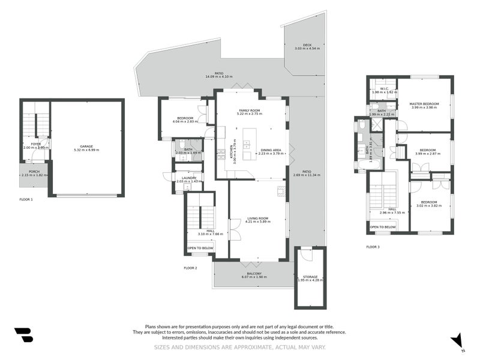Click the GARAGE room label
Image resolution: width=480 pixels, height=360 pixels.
pyautogui.click(x=87, y=146)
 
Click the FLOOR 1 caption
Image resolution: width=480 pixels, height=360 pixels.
pyautogui.click(x=26, y=199)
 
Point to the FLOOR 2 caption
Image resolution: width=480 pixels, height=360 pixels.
pyautogui.click(x=190, y=267)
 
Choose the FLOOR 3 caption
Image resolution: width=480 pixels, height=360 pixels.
pyautogui.click(x=373, y=247)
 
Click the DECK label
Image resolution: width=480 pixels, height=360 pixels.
pyautogui.click(x=307, y=45)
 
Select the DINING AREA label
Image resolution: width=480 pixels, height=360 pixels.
pyautogui.click(x=271, y=150)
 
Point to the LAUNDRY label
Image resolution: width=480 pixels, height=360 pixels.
pyautogui.click(x=186, y=178)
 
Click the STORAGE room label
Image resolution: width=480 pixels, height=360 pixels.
pyautogui.click(x=310, y=276)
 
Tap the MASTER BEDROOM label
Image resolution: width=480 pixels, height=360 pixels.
pyautogui.click(x=424, y=104)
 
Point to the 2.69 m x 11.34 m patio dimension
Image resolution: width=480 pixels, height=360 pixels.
pyautogui.click(x=307, y=175)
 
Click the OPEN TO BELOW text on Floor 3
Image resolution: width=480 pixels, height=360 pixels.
pyautogui.click(x=382, y=227)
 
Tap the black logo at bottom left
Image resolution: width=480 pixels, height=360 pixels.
pyautogui.click(x=23, y=335)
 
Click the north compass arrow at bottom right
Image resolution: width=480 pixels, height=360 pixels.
pyautogui.click(x=458, y=340)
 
